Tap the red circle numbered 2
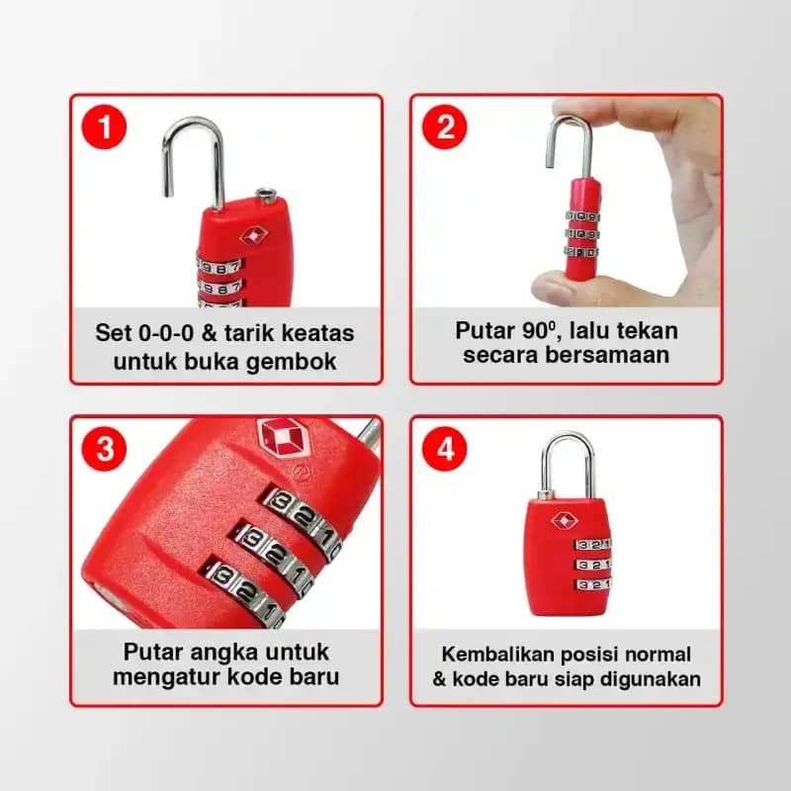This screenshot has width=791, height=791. [x=445, y=128]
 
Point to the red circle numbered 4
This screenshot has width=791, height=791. [x=445, y=449]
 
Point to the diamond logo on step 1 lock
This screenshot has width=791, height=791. [x=253, y=236]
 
